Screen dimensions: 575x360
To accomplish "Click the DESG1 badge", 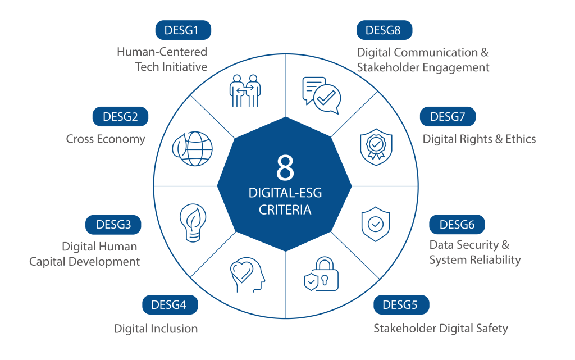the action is pyautogui.click(x=183, y=30).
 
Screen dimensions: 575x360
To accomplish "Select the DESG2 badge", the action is pyautogui.click(x=120, y=117).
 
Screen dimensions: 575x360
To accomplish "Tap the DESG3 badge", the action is pyautogui.click(x=113, y=224).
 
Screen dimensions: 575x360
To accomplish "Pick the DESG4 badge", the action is pyautogui.click(x=170, y=304).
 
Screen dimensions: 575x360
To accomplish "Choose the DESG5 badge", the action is pyautogui.click(x=401, y=304).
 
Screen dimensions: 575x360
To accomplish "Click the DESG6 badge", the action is pyautogui.click(x=457, y=224).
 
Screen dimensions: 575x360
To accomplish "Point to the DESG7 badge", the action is pyautogui.click(x=448, y=117).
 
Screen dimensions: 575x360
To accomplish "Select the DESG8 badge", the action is pyautogui.click(x=384, y=30).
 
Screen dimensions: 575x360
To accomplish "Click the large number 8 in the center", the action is pyautogui.click(x=285, y=167).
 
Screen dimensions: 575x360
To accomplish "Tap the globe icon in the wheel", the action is pyautogui.click(x=193, y=149).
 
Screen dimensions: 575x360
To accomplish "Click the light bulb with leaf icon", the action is pyautogui.click(x=193, y=222).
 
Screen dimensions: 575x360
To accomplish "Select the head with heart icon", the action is pyautogui.click(x=247, y=275).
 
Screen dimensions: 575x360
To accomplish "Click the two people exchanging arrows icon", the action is pyautogui.click(x=245, y=90).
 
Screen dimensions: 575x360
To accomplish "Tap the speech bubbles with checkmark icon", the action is pyautogui.click(x=322, y=95).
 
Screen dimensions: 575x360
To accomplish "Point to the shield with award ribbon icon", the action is pyautogui.click(x=376, y=147).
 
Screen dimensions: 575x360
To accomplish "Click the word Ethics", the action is pyautogui.click(x=521, y=139).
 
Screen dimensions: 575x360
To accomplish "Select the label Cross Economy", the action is pyautogui.click(x=106, y=139).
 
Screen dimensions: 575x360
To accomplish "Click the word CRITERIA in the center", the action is pyautogui.click(x=285, y=209).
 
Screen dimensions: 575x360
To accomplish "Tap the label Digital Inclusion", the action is pyautogui.click(x=156, y=329).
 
